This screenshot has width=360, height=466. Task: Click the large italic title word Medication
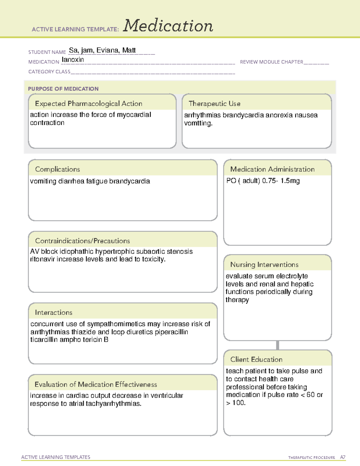tap(168, 26)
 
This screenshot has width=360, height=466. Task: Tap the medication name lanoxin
tap(73, 60)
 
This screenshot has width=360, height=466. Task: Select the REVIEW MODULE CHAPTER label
tap(271, 62)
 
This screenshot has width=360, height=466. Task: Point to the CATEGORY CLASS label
tap(49, 72)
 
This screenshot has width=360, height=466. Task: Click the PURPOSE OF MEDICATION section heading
tap(63, 89)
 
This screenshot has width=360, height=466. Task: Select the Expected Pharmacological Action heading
tap(88, 104)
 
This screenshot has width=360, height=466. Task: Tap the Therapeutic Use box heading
tap(214, 104)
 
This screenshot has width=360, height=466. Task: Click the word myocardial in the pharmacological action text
tap(134, 115)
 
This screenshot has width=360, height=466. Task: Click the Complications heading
tap(57, 169)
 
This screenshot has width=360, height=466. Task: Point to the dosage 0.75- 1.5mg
tap(281, 181)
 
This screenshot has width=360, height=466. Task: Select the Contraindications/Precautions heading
tap(82, 241)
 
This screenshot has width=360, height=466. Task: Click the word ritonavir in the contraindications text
tap(42, 259)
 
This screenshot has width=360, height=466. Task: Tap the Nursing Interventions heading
tap(264, 265)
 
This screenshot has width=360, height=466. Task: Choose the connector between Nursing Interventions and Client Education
tap(277, 345)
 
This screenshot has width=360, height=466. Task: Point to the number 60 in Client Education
tap(310, 395)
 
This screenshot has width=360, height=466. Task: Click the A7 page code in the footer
tap(343, 457)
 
